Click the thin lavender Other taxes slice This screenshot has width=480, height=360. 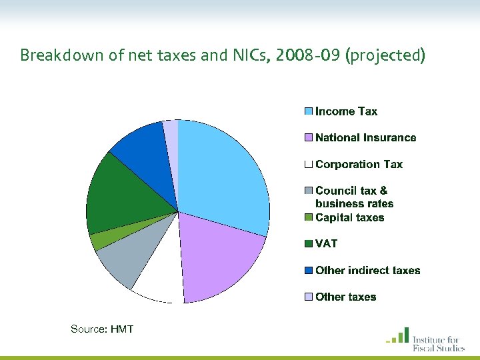171,131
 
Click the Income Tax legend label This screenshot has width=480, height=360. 346,111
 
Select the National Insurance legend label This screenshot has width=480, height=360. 365,138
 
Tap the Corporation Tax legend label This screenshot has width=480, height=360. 359,164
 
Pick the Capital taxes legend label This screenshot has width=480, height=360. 349,217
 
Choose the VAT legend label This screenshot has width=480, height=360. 327,244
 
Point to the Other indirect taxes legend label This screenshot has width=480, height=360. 367,271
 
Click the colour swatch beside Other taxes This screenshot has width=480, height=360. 308,297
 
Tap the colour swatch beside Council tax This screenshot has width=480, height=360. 308,191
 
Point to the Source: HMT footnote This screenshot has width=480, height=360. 102,329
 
